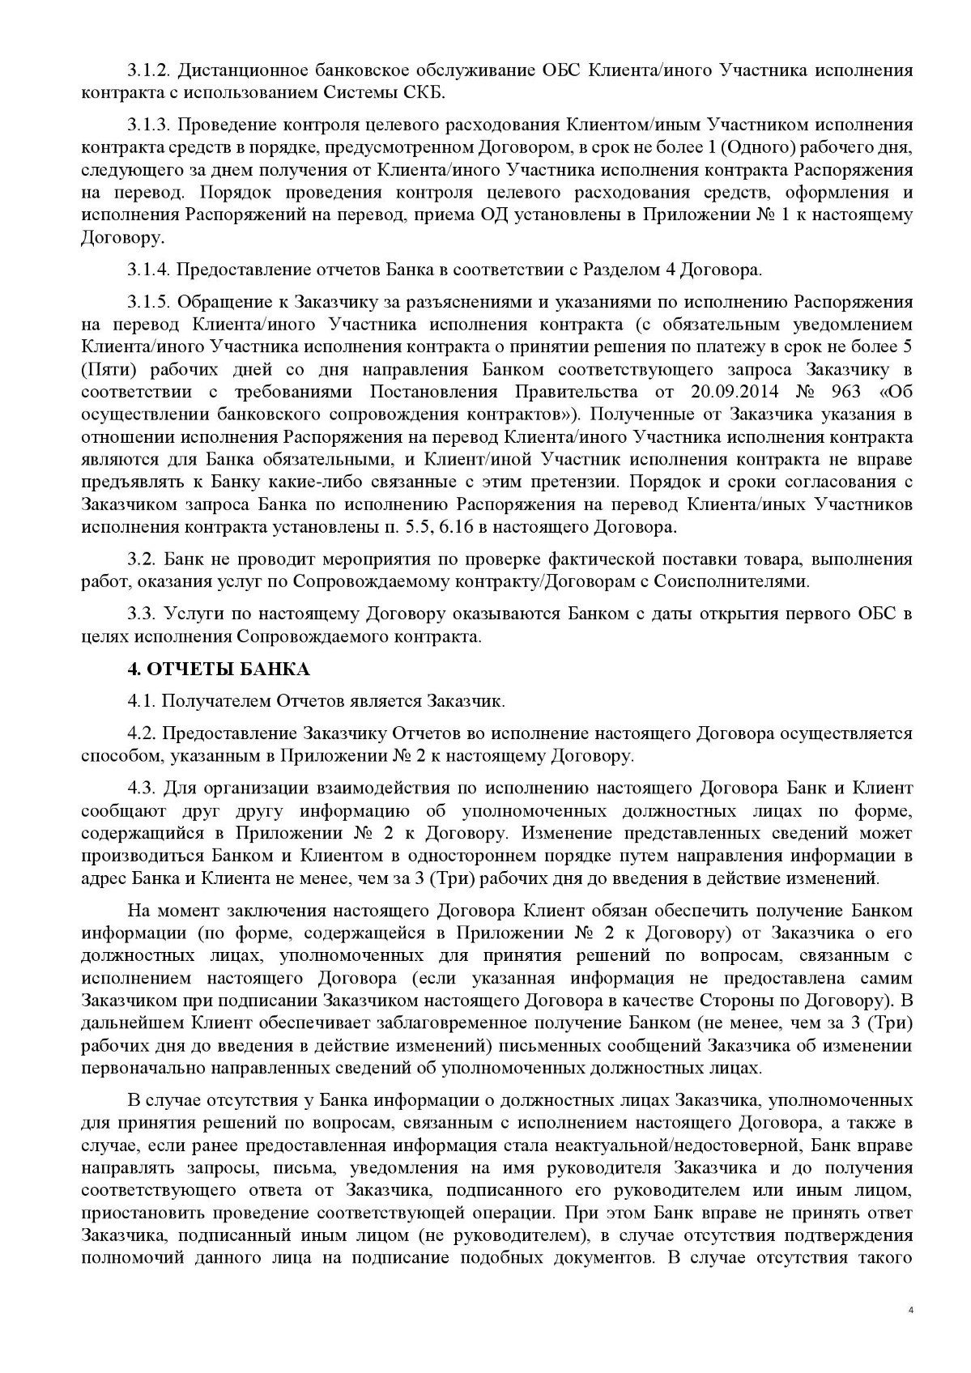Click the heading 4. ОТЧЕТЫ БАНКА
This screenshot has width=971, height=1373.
tap(218, 669)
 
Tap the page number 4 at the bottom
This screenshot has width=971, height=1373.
tap(910, 1333)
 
